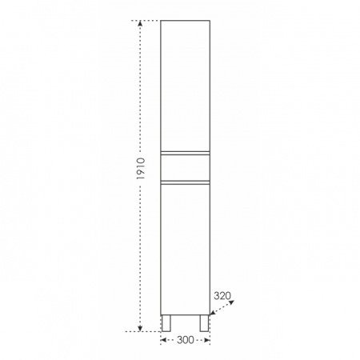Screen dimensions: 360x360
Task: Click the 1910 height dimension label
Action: pyautogui.click(x=141, y=169)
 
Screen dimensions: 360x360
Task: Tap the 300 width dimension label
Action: pyautogui.click(x=186, y=340)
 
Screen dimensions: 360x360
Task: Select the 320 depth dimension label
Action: pyautogui.click(x=222, y=295)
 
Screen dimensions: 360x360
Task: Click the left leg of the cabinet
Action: pyautogui.click(x=166, y=323)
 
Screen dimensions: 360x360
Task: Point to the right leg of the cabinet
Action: pyautogui.click(x=204, y=323)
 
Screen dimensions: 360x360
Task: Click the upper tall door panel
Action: pyautogui.click(x=185, y=86)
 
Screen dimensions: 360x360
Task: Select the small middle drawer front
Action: pyautogui.click(x=185, y=168)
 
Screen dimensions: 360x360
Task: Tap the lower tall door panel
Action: pyautogui.click(x=185, y=250)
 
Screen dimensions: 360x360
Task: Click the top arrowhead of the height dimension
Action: pyautogui.click(x=140, y=23)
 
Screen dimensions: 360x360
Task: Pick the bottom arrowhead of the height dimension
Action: pyautogui.click(x=140, y=329)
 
